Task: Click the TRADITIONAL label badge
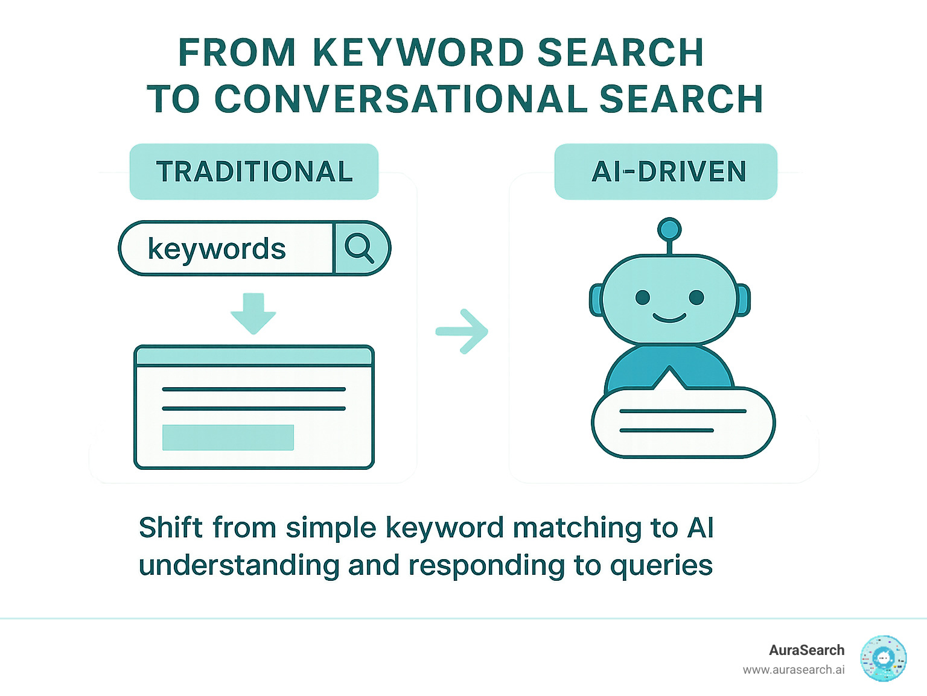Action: coord(254,172)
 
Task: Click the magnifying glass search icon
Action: coord(360,248)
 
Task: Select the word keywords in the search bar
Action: coord(217,249)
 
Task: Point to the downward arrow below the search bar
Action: coord(253,312)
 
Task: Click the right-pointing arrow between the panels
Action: coord(462,331)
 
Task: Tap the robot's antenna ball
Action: coord(669,230)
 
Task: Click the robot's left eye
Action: coord(643,297)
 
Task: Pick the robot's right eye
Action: coord(696,297)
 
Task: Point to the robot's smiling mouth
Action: coord(669,318)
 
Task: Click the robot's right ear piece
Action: coord(744,300)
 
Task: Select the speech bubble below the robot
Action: coord(683,422)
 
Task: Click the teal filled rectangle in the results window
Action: coord(228,438)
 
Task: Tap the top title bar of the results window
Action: coord(253,356)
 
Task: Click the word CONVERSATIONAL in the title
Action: coord(401,99)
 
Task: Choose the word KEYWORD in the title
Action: coord(419,53)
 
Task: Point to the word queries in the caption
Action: coord(661,566)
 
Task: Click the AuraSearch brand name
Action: coord(806,650)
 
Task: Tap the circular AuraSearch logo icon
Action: coord(884,659)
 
